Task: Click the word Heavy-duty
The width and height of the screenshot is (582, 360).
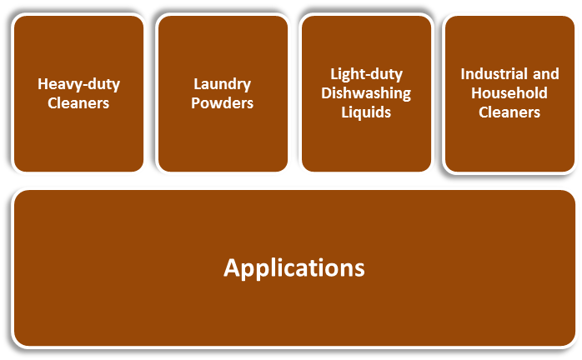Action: click(x=79, y=84)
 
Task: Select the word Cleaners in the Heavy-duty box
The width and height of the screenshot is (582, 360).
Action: click(x=79, y=103)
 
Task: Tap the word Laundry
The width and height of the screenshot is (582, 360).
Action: click(x=223, y=84)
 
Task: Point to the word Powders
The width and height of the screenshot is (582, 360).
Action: click(x=223, y=103)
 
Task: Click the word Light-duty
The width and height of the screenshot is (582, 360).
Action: click(x=367, y=74)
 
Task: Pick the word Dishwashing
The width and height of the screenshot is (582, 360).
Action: click(x=367, y=93)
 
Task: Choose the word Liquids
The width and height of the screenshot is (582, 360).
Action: click(x=367, y=112)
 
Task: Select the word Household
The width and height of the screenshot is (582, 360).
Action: click(x=509, y=93)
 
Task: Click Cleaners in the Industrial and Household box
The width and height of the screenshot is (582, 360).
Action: click(x=509, y=112)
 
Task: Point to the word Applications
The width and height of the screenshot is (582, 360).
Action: click(x=294, y=268)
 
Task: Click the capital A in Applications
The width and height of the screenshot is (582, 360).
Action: click(x=232, y=267)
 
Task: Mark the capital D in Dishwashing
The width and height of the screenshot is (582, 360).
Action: click(x=327, y=93)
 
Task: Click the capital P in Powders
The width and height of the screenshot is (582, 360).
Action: click(x=197, y=103)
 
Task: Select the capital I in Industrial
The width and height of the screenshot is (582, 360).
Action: click(x=464, y=74)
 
